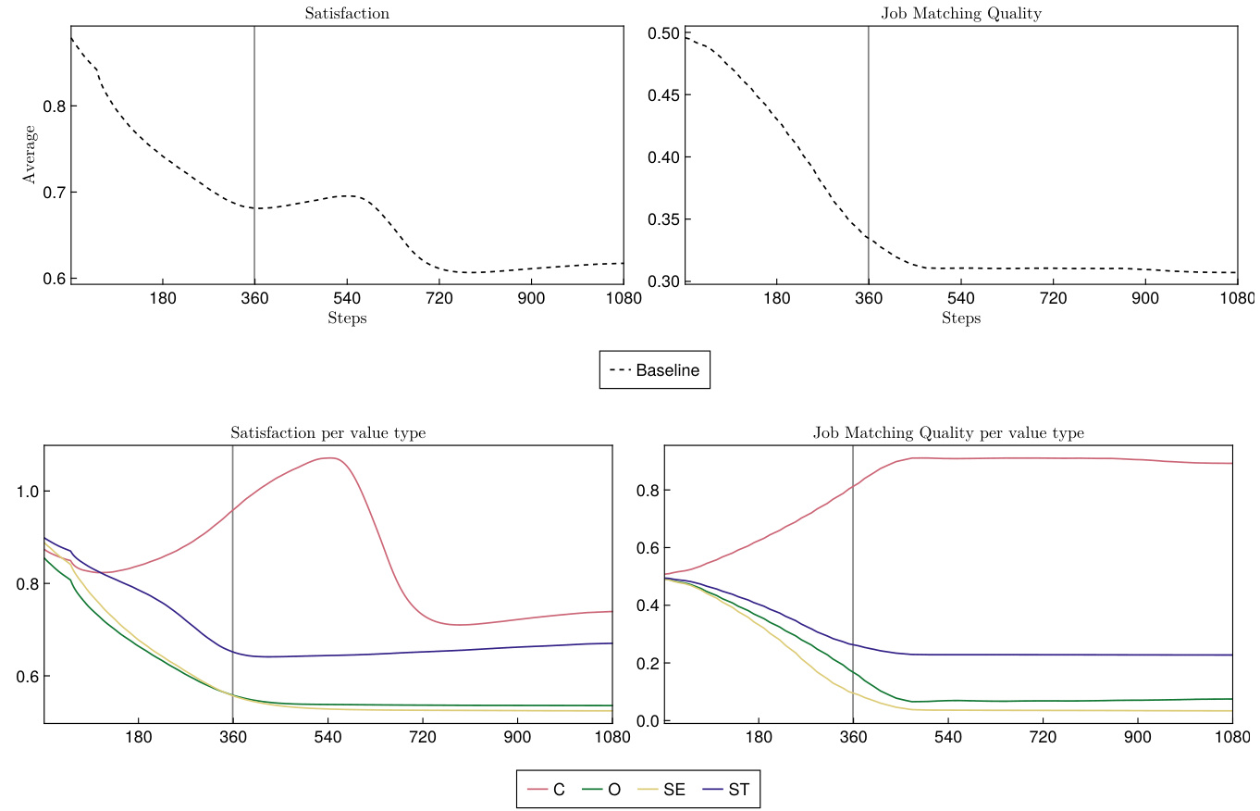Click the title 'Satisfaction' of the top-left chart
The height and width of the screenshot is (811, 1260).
(x=347, y=14)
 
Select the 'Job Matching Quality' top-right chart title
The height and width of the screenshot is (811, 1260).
(x=961, y=14)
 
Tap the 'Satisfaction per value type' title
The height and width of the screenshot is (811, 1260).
(x=328, y=433)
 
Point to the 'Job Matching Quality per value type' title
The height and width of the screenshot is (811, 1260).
(x=948, y=433)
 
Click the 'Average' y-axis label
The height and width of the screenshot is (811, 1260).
(x=31, y=156)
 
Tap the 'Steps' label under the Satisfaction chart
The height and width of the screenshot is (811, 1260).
(x=347, y=318)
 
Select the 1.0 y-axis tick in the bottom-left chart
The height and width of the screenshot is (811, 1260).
(x=28, y=492)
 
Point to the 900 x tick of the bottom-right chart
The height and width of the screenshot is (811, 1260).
(x=1138, y=737)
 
